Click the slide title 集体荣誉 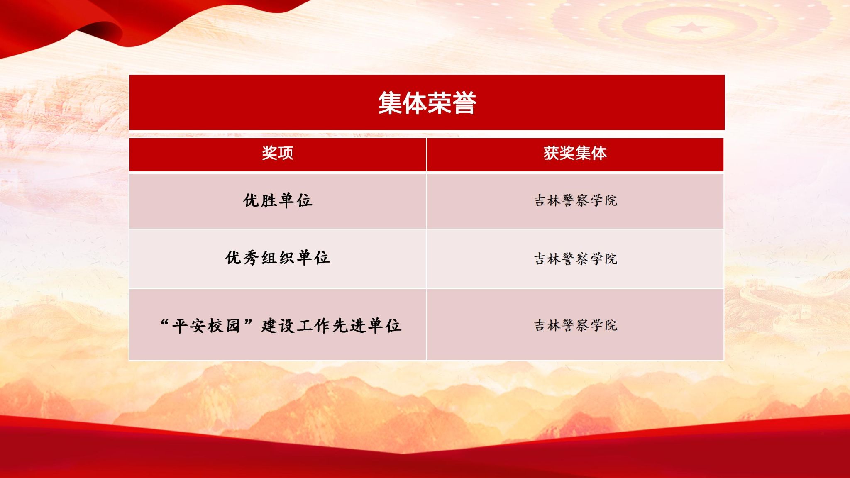pos(427,103)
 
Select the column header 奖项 pos(278,153)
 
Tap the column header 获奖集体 pos(575,153)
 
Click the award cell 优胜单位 pos(278,200)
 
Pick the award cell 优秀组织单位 pos(278,258)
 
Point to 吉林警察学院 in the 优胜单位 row pos(576,201)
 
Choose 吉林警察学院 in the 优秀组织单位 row pos(576,259)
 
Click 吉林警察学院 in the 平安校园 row pos(576,325)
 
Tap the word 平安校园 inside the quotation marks pos(206,326)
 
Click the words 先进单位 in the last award pos(367,326)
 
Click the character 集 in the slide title pos(390,103)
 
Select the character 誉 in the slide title pos(464,103)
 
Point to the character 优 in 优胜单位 pos(252,200)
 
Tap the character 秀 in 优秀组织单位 pos(252,258)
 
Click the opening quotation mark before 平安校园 pos(164,322)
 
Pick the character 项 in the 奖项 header pos(286,153)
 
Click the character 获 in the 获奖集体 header pos(551,153)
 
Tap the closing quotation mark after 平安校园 pos(248,322)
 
